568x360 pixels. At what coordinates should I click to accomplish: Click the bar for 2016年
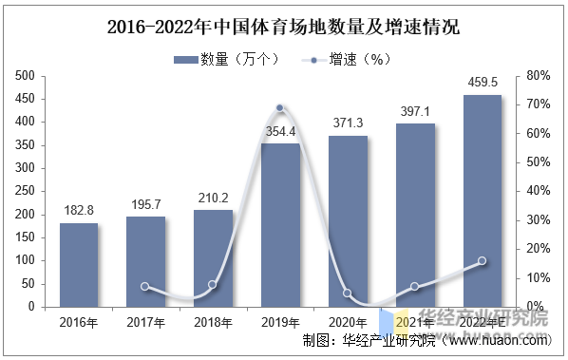point(79,265)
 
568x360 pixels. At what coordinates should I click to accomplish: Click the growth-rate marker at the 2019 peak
point(280,108)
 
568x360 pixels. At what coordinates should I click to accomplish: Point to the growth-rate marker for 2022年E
point(482,260)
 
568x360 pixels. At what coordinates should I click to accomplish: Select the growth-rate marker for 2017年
point(145,286)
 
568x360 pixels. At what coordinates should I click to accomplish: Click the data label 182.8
point(79,211)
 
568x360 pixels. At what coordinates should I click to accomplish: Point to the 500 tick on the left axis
point(25,76)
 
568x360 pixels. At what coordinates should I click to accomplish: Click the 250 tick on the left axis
point(25,192)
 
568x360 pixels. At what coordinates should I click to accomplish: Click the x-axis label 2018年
point(213,322)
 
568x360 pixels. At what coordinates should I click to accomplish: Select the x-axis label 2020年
point(348,322)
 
